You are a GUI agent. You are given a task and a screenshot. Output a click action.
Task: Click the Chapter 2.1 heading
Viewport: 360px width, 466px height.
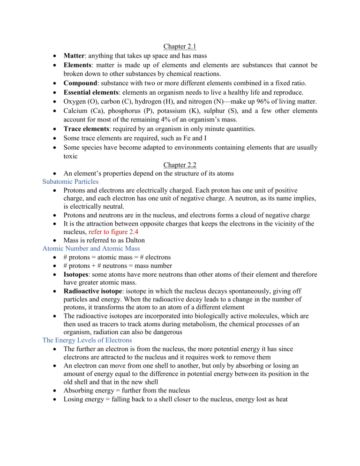pos(180,47)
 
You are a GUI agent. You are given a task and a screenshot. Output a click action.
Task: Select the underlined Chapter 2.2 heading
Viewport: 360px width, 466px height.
pos(180,165)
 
